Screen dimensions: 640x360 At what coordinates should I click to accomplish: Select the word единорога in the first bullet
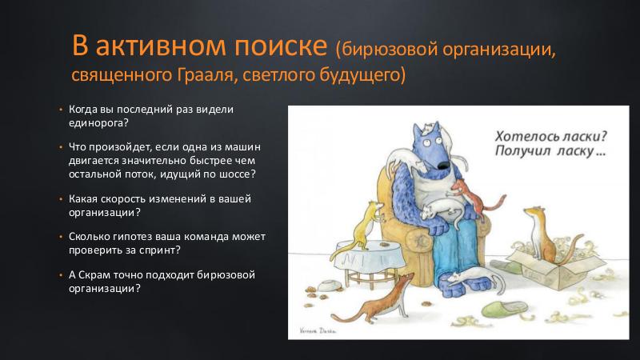(x=98, y=123)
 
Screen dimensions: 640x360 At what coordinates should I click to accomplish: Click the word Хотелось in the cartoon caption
(x=523, y=136)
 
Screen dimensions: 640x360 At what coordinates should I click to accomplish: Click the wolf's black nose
(x=444, y=165)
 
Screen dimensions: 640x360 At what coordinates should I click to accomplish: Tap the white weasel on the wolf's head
(x=428, y=129)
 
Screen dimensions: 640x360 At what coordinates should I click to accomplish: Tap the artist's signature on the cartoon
(x=318, y=331)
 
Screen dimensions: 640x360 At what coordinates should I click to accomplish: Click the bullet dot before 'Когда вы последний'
(x=61, y=110)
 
